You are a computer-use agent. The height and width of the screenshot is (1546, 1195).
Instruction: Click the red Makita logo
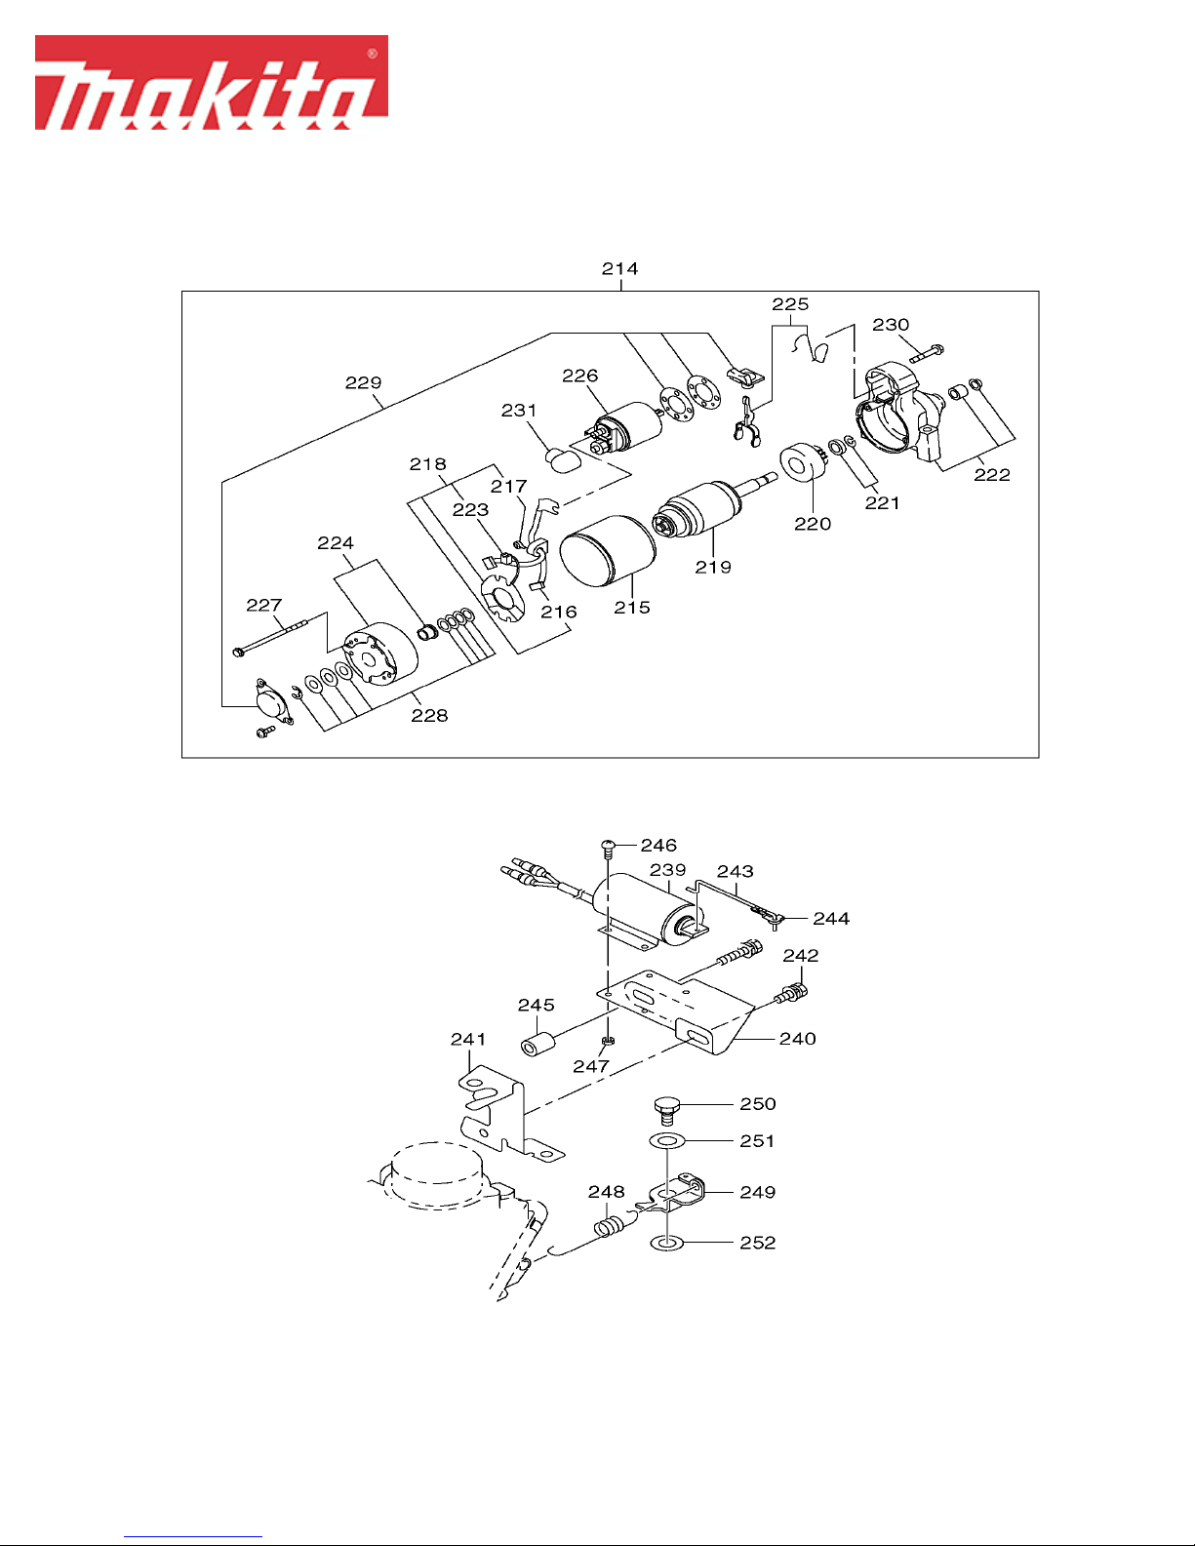pyautogui.click(x=212, y=83)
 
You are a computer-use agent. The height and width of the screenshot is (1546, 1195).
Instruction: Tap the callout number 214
pyautogui.click(x=620, y=269)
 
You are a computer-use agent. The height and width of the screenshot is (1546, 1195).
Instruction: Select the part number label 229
pyautogui.click(x=364, y=382)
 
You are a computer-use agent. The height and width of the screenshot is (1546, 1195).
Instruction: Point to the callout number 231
pyautogui.click(x=519, y=411)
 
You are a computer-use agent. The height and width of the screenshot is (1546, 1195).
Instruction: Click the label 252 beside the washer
pyautogui.click(x=758, y=1243)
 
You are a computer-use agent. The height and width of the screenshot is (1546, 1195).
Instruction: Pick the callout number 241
pyautogui.click(x=468, y=1039)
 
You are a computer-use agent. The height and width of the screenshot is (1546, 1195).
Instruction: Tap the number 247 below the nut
pyautogui.click(x=591, y=1066)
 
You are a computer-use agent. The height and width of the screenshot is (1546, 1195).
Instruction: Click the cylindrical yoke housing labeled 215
pyautogui.click(x=608, y=551)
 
